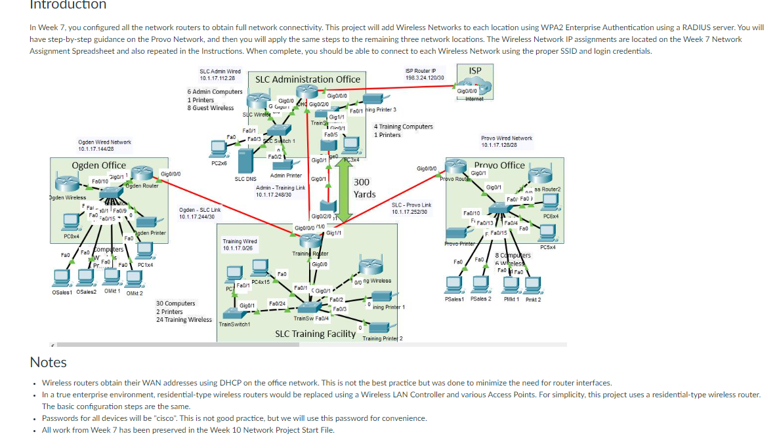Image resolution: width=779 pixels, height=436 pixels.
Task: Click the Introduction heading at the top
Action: (68, 5)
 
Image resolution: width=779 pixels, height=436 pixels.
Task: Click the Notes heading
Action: (48, 362)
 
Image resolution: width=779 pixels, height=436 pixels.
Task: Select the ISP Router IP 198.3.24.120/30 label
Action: (425, 74)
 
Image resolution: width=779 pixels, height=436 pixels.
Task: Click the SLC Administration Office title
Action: (308, 79)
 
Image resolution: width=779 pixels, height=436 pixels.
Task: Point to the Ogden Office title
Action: (98, 165)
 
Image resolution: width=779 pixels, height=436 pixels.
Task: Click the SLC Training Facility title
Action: (315, 334)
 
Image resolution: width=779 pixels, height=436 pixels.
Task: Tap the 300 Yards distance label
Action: (364, 188)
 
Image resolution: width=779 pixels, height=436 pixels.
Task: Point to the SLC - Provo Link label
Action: (411, 208)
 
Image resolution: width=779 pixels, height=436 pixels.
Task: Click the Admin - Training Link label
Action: (280, 191)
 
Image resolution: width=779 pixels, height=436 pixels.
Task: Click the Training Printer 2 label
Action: (383, 338)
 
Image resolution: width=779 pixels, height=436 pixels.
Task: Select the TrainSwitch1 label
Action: (234, 324)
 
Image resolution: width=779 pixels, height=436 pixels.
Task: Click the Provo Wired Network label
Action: (507, 141)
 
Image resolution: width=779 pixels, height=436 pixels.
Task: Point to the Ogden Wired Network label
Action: (104, 145)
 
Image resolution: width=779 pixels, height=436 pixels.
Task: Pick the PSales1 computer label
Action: (454, 299)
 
